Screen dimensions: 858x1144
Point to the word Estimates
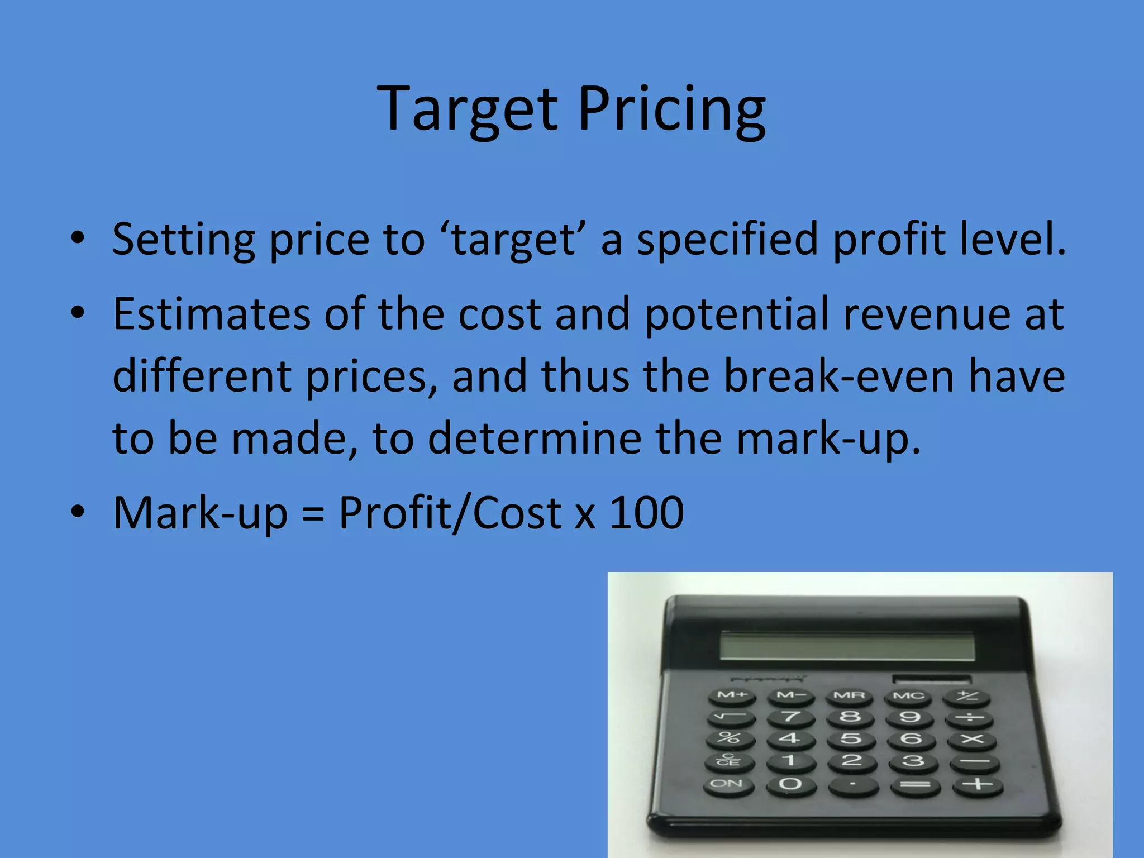click(x=211, y=314)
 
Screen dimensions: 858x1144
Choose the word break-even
click(x=839, y=376)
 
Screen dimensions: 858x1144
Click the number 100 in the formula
click(x=646, y=513)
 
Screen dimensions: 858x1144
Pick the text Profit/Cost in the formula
click(x=450, y=513)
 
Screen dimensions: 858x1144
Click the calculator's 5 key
click(x=851, y=739)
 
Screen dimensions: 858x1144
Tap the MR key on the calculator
click(x=849, y=696)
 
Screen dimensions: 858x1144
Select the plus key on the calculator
click(x=978, y=785)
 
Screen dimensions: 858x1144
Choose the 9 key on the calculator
click(x=909, y=717)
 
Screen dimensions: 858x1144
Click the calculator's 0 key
click(x=790, y=784)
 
